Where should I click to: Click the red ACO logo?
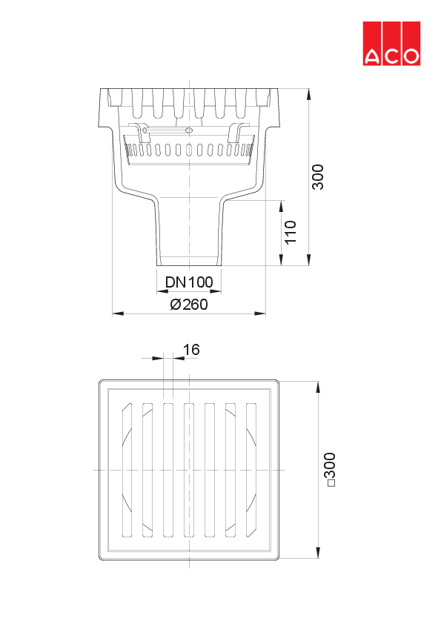391,43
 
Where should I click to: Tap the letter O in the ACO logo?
411,56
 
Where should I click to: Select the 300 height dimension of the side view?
317,177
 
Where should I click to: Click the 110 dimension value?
290,232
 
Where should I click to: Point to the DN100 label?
189,282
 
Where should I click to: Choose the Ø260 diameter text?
189,305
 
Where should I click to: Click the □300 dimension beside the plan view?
330,470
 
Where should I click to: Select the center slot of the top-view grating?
189,471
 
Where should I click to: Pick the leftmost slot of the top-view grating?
127,471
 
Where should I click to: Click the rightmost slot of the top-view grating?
251,471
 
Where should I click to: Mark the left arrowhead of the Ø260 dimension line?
116,313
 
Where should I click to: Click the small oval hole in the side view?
189,131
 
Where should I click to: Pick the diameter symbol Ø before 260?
175,305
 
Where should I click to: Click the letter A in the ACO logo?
372,56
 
